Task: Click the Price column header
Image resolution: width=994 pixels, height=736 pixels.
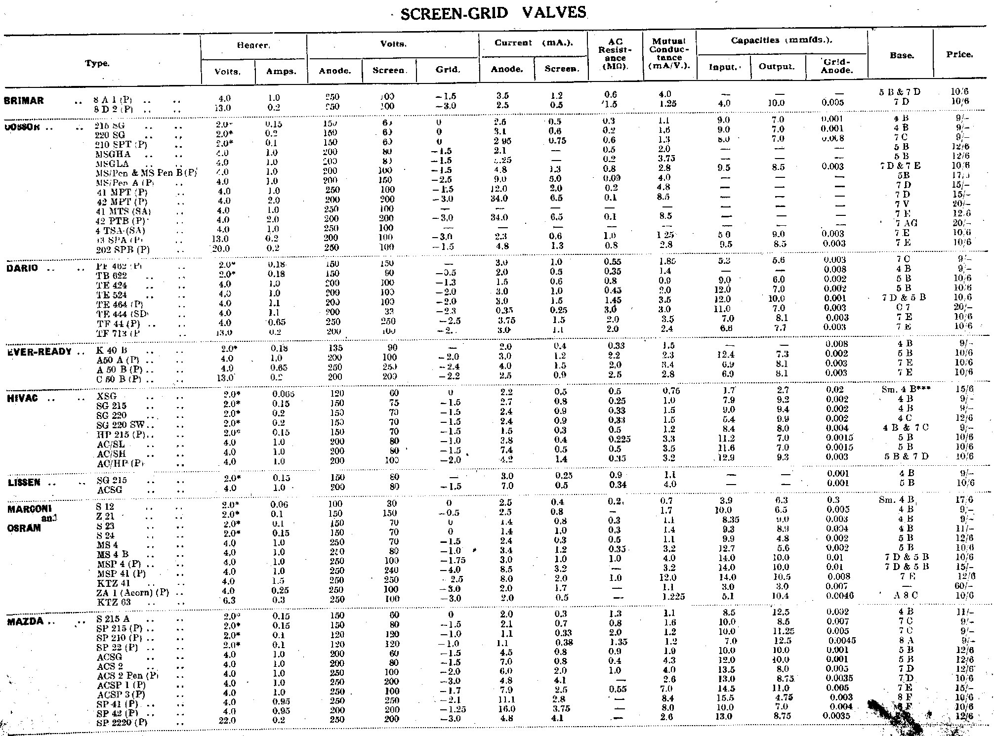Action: click(x=959, y=55)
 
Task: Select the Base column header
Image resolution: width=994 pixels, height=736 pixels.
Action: click(x=902, y=56)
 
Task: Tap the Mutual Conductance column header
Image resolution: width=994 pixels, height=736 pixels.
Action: click(x=669, y=54)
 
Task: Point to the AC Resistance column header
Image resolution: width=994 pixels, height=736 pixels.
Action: click(x=615, y=54)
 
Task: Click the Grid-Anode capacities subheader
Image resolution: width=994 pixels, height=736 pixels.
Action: click(x=836, y=66)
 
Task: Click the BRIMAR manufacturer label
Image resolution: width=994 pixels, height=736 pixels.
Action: click(x=24, y=101)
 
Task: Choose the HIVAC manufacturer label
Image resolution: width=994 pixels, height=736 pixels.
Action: click(x=23, y=399)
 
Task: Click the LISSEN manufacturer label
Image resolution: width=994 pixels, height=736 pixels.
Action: click(x=24, y=482)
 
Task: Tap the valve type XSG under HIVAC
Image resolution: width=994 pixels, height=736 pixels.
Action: click(x=106, y=397)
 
